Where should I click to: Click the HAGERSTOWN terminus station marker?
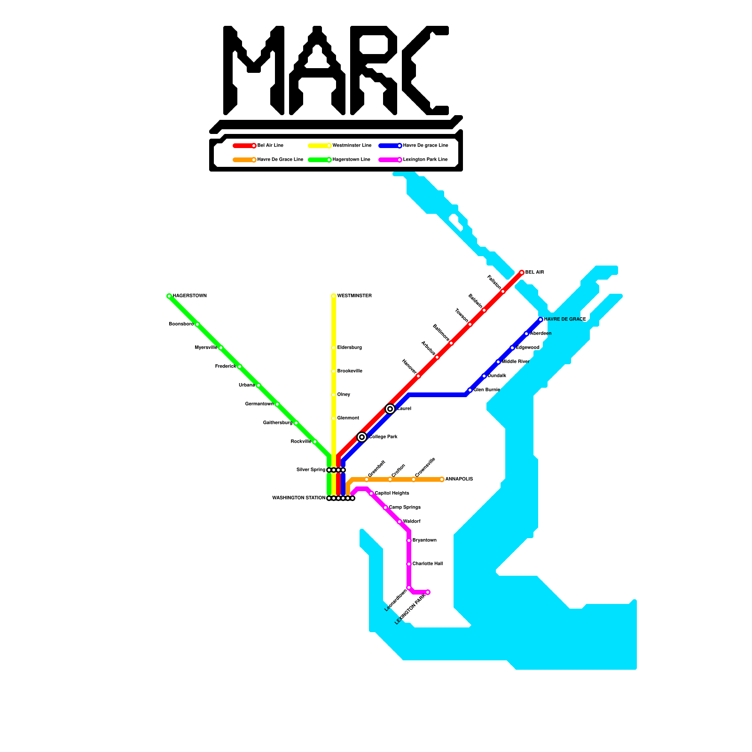169,296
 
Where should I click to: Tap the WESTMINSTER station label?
354,296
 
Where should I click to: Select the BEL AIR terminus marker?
522,273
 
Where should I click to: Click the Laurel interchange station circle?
390,409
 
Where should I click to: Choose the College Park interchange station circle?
362,437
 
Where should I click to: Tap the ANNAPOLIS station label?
459,479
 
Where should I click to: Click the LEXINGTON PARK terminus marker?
428,592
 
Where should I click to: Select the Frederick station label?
226,367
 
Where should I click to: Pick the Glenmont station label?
348,418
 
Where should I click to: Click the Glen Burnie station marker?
470,390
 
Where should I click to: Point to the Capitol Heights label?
392,493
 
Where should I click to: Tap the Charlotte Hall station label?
428,564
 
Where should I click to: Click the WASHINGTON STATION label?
299,498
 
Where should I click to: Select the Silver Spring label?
311,470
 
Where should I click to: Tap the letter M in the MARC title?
254,70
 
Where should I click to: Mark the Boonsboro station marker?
197,324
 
